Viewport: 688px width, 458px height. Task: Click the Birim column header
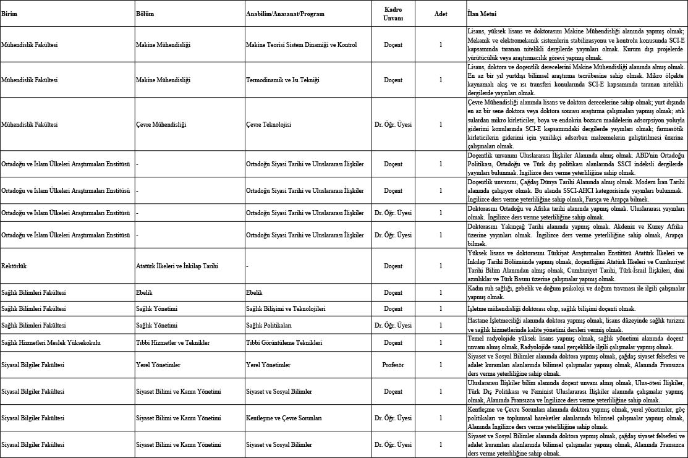click(x=9, y=14)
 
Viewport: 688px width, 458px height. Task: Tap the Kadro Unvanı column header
click(x=393, y=14)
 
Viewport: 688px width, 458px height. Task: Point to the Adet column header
click(x=440, y=14)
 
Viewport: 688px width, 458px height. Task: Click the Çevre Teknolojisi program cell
click(x=268, y=124)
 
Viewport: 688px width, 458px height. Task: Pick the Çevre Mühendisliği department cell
click(x=161, y=124)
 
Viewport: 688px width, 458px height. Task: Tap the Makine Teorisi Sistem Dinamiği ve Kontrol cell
click(x=297, y=45)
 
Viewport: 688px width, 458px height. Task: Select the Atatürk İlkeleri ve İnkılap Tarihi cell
click(x=177, y=266)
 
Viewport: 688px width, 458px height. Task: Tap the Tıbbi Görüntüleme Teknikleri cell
click(x=284, y=342)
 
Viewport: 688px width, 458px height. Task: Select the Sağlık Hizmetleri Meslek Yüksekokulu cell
click(x=51, y=342)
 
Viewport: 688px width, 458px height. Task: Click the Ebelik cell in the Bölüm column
click(x=144, y=292)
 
